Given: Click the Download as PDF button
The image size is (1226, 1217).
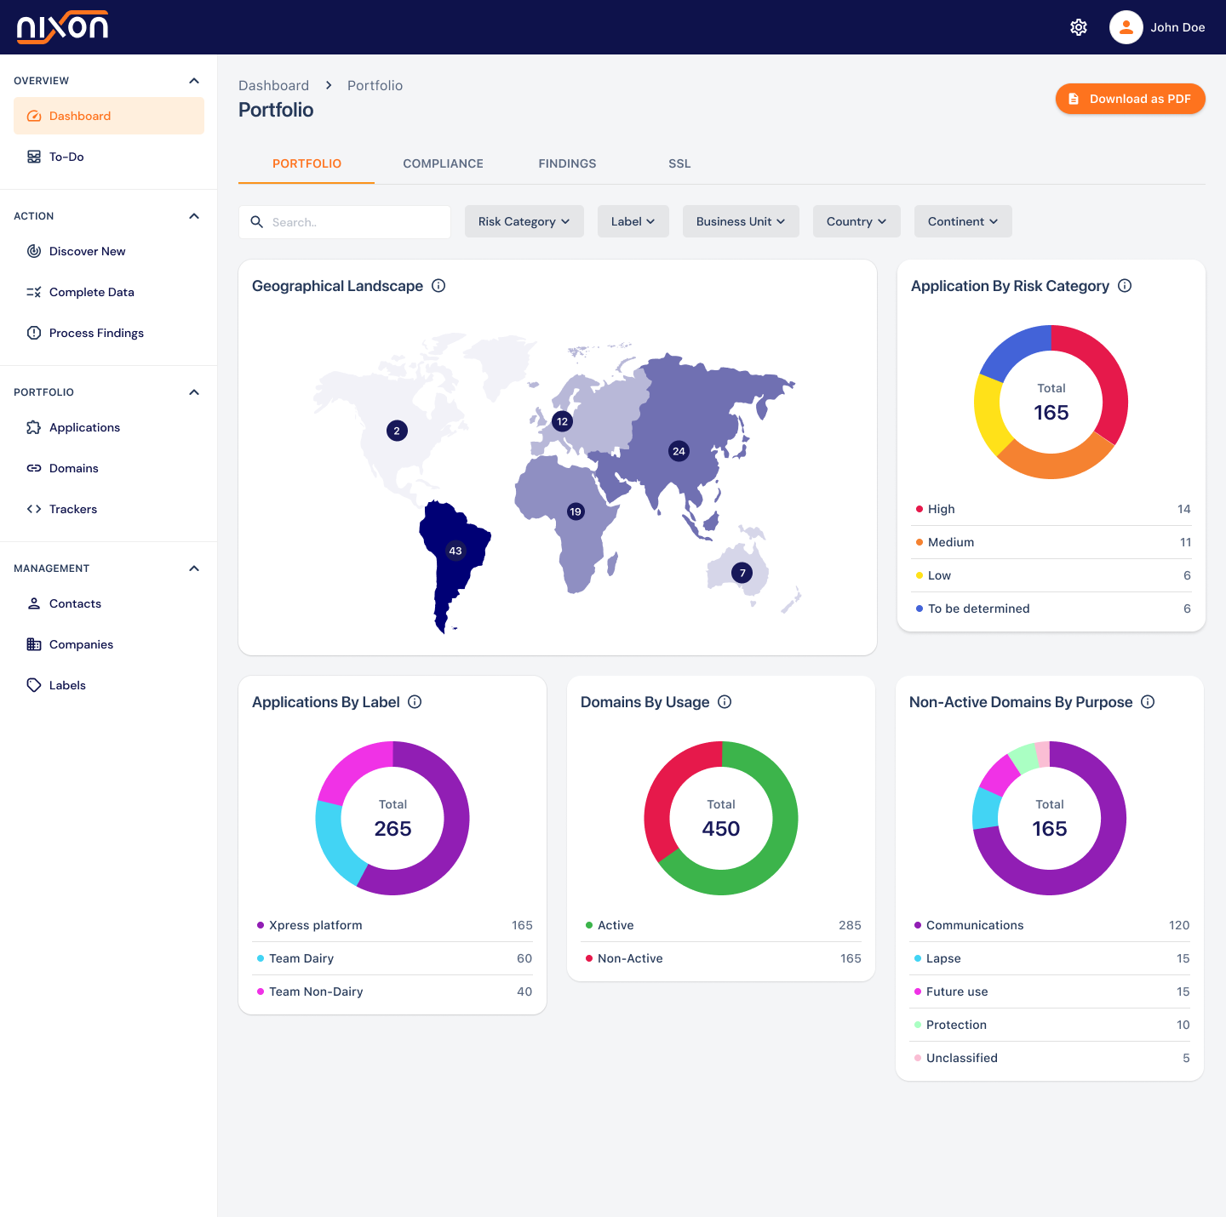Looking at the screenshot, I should coord(1130,99).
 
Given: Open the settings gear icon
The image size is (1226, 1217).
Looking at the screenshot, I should coord(1079,27).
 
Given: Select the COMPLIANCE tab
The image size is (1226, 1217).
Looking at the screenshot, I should coord(443,163).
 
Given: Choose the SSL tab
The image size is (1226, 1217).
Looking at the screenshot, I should coord(679,163).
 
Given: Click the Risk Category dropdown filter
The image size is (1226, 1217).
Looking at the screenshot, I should coord(524,221).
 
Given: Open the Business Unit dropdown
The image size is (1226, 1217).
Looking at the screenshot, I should coord(741,221).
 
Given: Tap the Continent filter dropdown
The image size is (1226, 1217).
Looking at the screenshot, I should coord(963,221).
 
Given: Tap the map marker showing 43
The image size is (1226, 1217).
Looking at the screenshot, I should coord(455,551).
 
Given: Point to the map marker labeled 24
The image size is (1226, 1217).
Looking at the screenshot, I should coord(679,451).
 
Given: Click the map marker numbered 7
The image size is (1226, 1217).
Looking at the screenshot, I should coord(742,573).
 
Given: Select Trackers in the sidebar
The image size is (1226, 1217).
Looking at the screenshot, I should coord(73,509).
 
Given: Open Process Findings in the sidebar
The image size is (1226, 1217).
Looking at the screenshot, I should coord(96,333).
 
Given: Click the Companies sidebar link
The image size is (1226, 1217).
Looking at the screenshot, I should coord(81,644).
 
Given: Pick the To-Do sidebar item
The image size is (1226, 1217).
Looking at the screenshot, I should coord(66,157).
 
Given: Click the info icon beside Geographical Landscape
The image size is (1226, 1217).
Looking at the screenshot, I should coord(438,286).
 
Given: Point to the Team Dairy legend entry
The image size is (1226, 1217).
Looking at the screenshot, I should coord(301,958).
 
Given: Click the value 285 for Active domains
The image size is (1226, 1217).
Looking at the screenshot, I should coord(850,925).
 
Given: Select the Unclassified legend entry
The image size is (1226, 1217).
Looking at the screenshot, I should coord(962,1058).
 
